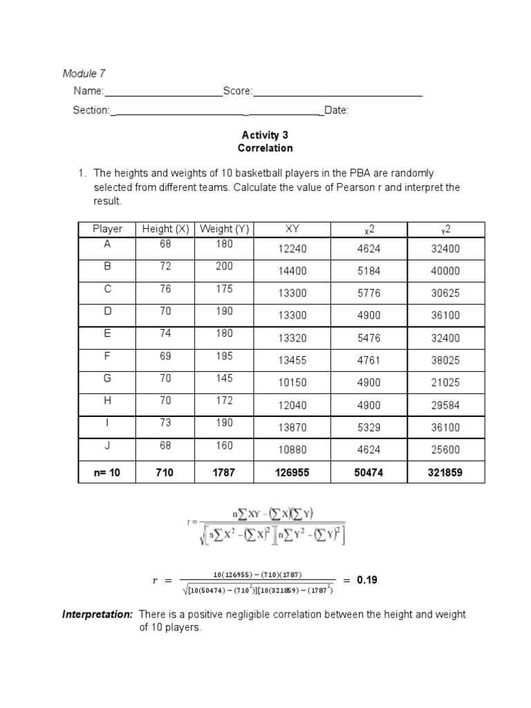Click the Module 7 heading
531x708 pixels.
pos(84,73)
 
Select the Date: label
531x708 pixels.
pos(337,110)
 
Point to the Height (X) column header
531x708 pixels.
pos(165,229)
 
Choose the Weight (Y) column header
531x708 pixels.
pos(223,229)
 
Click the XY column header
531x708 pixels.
pos(292,229)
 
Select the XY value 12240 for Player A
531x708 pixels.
pos(292,249)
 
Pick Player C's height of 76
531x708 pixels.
pos(165,289)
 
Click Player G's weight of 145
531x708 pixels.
pos(224,378)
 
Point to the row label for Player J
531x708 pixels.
pos(107,446)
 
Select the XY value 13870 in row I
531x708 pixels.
pos(292,428)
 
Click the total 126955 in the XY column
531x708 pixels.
pos(292,473)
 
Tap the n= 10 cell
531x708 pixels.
pos(107,473)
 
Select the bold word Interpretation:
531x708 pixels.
pos(97,614)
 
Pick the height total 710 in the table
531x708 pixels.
pos(165,473)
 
